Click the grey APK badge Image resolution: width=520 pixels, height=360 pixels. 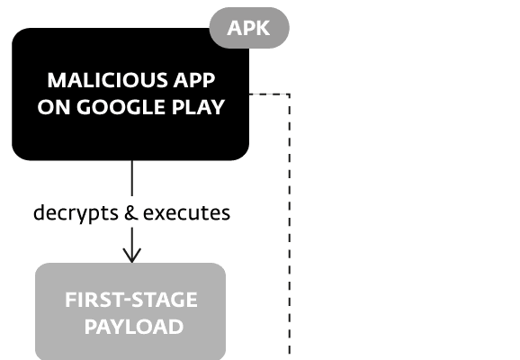pyautogui.click(x=249, y=28)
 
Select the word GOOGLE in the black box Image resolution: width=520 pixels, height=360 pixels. pyautogui.click(x=121, y=107)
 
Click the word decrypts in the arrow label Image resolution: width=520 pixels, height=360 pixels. pyautogui.click(x=76, y=213)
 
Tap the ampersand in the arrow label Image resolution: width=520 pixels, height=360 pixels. pyautogui.click(x=131, y=212)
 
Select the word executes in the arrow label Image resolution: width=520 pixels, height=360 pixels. pyautogui.click(x=187, y=213)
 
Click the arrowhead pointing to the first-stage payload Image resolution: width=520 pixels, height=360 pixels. pyautogui.click(x=132, y=256)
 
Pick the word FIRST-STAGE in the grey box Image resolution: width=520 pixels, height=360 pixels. pyautogui.click(x=131, y=300)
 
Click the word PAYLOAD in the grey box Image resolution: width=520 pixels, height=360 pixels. pyautogui.click(x=134, y=327)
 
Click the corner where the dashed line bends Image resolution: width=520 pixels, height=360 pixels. pyautogui.click(x=290, y=94)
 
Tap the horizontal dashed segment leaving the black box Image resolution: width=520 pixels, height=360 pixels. pyautogui.click(x=269, y=94)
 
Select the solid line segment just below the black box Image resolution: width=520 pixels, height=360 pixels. pyautogui.click(x=132, y=178)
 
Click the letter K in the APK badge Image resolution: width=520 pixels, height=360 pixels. pyautogui.click(x=263, y=28)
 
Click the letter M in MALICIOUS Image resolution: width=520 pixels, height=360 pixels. pyautogui.click(x=57, y=80)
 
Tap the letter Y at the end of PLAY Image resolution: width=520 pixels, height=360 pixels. pyautogui.click(x=218, y=107)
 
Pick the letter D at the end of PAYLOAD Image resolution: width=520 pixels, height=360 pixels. pyautogui.click(x=176, y=327)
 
